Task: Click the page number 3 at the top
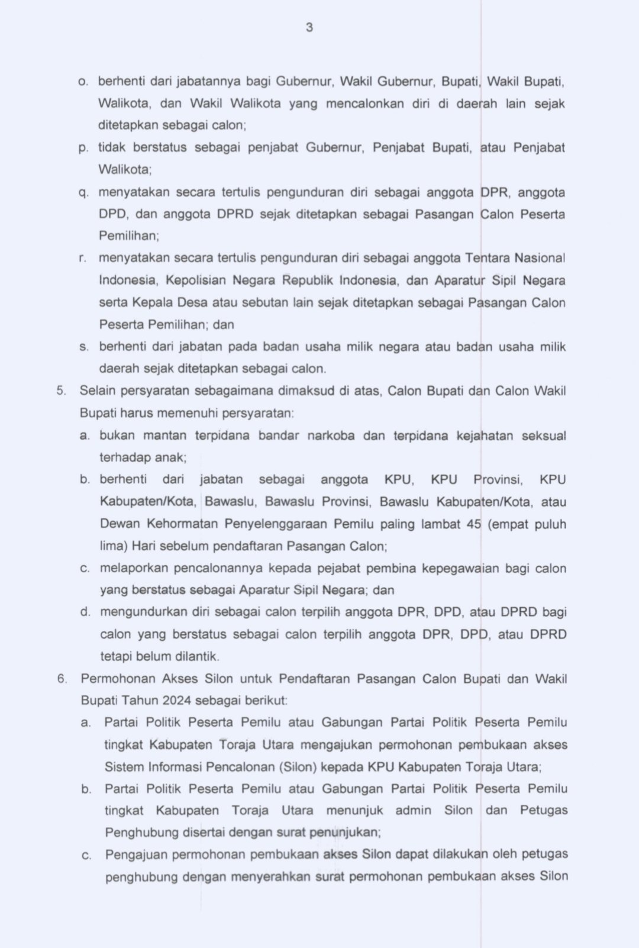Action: [309, 27]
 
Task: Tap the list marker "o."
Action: [83, 81]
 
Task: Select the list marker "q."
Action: [83, 192]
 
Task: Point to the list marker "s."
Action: [83, 346]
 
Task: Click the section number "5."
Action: [61, 391]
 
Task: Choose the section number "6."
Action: [62, 678]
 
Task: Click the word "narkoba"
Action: [331, 436]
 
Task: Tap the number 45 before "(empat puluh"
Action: [473, 524]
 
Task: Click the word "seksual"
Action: [544, 436]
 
